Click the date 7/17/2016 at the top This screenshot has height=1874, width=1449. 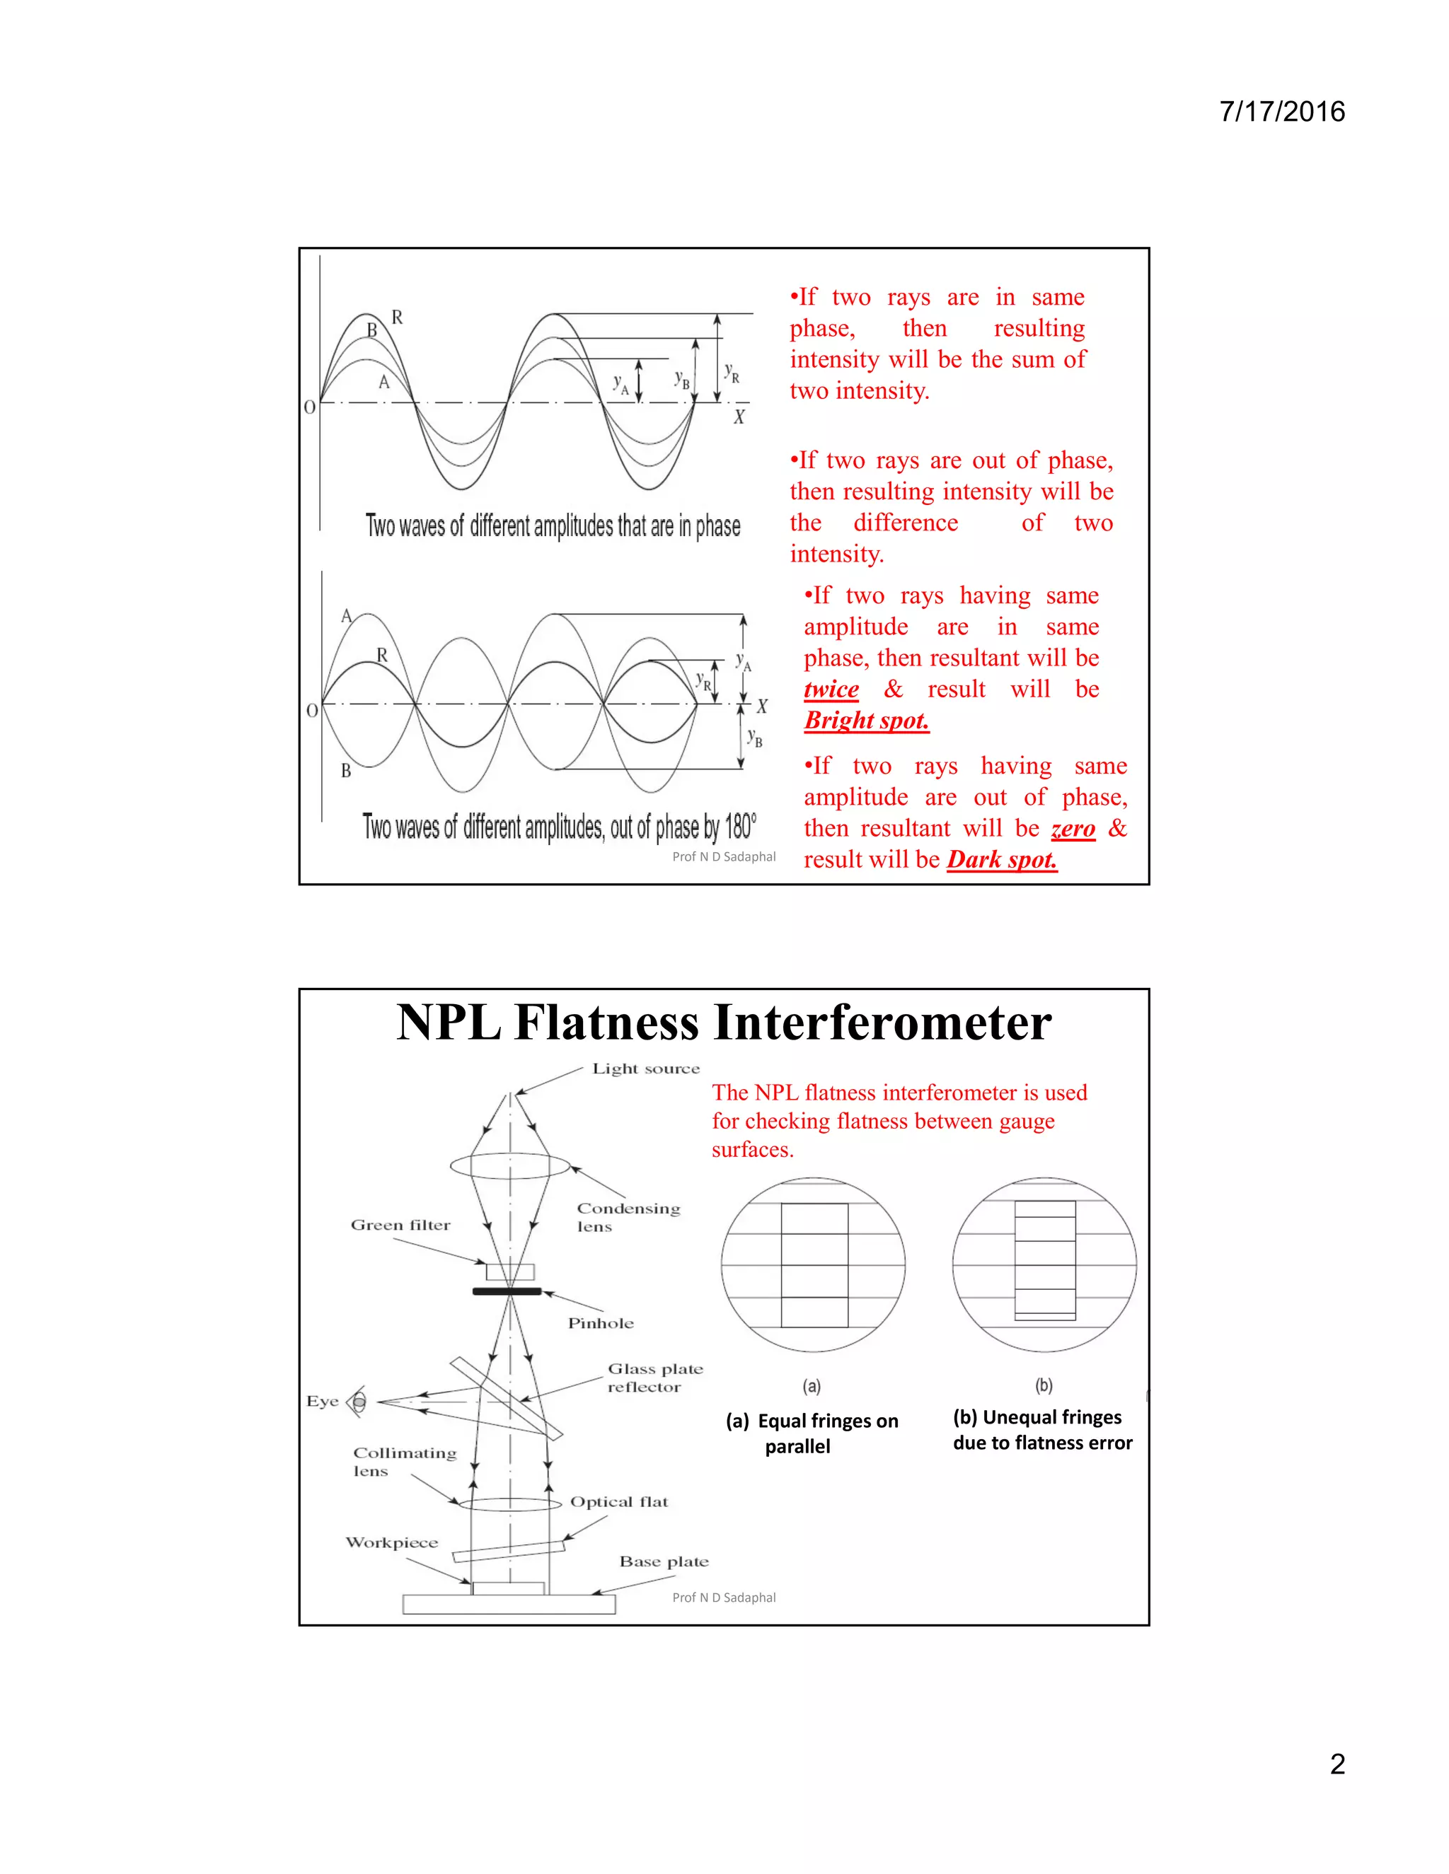pyautogui.click(x=1281, y=112)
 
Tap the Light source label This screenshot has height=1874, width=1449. pyautogui.click(x=645, y=1069)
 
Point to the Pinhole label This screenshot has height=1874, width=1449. pyautogui.click(x=600, y=1323)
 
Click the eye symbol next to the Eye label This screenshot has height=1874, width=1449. pyautogui.click(x=358, y=1402)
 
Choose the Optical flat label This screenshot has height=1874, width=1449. pyautogui.click(x=619, y=1501)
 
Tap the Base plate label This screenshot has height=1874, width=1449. pyautogui.click(x=664, y=1561)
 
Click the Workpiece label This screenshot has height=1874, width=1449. pyautogui.click(x=391, y=1542)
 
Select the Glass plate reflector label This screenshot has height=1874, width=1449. pyautogui.click(x=654, y=1377)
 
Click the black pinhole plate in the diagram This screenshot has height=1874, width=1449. pyautogui.click(x=507, y=1291)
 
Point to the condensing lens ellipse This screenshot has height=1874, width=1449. pyautogui.click(x=510, y=1166)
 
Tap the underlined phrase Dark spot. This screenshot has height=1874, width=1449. pyautogui.click(x=1002, y=860)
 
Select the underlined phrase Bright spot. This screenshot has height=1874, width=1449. pyautogui.click(x=866, y=721)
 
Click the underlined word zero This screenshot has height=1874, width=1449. pyautogui.click(x=1073, y=829)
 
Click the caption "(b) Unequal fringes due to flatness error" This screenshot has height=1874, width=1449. pyautogui.click(x=1041, y=1429)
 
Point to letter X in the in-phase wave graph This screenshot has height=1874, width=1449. pyautogui.click(x=738, y=417)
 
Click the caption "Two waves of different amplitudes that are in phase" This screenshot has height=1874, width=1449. pyautogui.click(x=553, y=526)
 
